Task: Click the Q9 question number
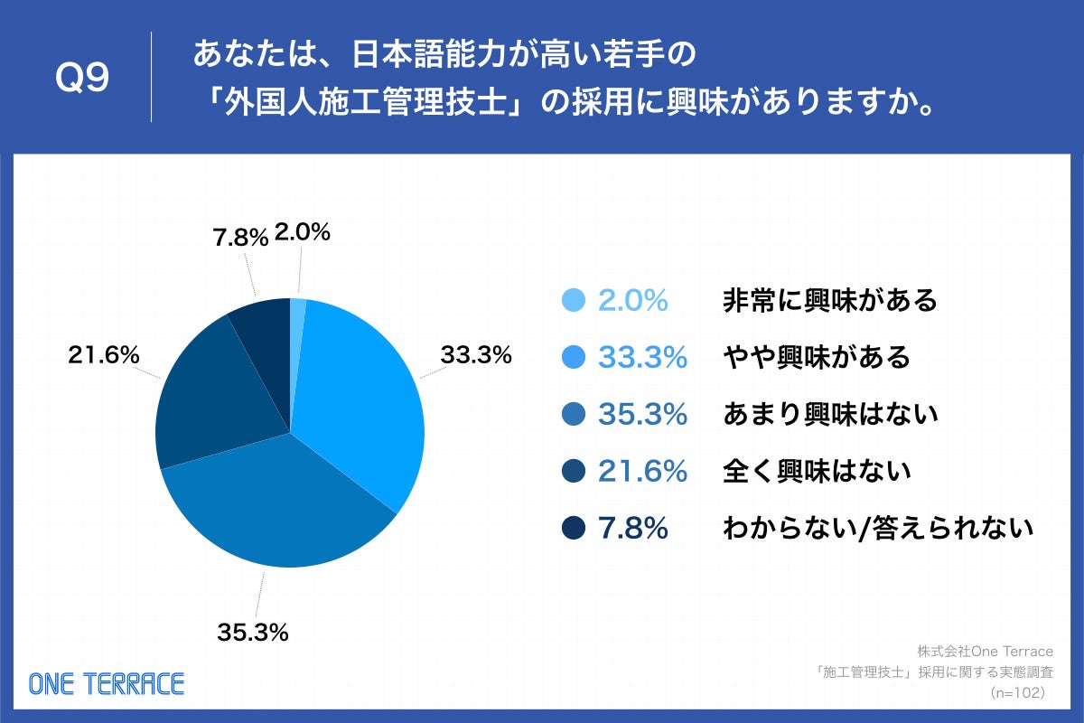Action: (x=82, y=79)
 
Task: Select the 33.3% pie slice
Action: (x=361, y=398)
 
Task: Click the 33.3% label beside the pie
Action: (x=476, y=355)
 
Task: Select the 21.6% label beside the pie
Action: (x=104, y=355)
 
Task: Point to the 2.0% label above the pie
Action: (x=302, y=232)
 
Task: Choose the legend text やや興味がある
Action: (x=817, y=358)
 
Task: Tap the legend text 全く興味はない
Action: (x=817, y=471)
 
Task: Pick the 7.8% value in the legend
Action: (x=633, y=529)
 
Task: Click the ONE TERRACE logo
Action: (x=106, y=683)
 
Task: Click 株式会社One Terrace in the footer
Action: (x=985, y=651)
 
